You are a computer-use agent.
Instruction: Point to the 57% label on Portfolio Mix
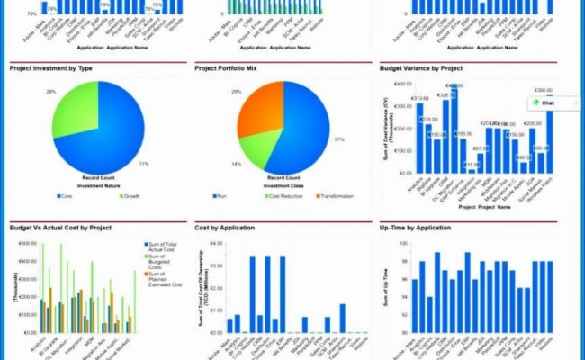coord(337,139)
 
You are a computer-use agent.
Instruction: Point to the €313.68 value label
coord(418,99)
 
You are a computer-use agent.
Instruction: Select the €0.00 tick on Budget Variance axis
coord(402,172)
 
